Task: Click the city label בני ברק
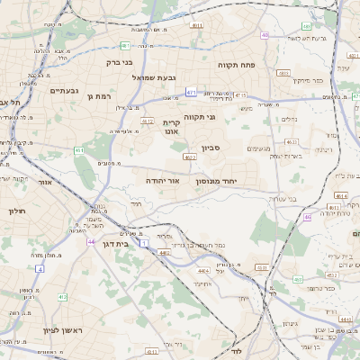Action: [x=120, y=62]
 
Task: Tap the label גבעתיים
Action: [x=64, y=90]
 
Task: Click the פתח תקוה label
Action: [x=238, y=66]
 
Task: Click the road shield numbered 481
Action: [x=125, y=45]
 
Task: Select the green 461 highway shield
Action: [x=79, y=150]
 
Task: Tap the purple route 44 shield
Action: [x=90, y=241]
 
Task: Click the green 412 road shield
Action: [x=61, y=296]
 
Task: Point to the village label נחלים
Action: [x=289, y=118]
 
